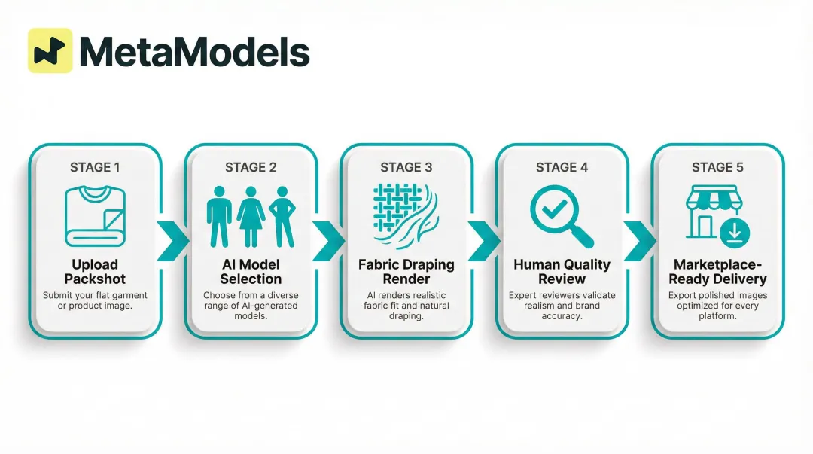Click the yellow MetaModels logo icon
click(x=50, y=50)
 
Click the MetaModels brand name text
click(x=194, y=52)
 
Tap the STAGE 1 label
click(x=95, y=167)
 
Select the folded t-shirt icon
click(x=95, y=217)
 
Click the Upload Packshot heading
click(x=95, y=271)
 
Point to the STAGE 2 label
click(x=251, y=167)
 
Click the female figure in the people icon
click(x=251, y=217)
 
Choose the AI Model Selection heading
click(x=251, y=271)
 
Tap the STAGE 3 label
click(x=406, y=167)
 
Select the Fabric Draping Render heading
click(x=406, y=271)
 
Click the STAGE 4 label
click(x=562, y=167)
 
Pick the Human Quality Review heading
click(x=562, y=271)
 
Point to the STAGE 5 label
click(x=717, y=167)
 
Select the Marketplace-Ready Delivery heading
click(x=717, y=271)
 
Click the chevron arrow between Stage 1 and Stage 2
click(x=173, y=241)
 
